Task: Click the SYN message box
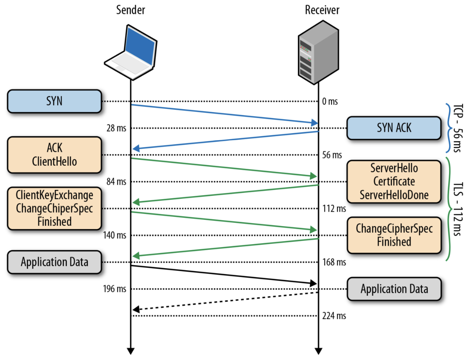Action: (x=54, y=101)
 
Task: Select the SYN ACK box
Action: (x=394, y=128)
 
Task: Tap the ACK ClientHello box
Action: (x=54, y=155)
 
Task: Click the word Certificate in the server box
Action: (x=394, y=181)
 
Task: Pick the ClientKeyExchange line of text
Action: (x=54, y=195)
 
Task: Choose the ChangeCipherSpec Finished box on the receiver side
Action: (x=394, y=235)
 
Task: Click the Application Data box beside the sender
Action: (x=54, y=262)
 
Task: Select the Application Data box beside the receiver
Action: (x=394, y=289)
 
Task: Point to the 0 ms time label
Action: (x=330, y=101)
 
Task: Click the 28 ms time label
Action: (x=116, y=128)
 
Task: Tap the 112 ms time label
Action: (x=334, y=209)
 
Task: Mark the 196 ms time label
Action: (x=114, y=289)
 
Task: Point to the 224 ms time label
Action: (x=334, y=316)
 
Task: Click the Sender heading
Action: (x=130, y=10)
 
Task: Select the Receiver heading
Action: (x=322, y=10)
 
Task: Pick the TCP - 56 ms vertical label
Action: (x=458, y=128)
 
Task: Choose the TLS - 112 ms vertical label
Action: (x=458, y=209)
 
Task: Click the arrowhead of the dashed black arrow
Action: (x=136, y=309)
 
